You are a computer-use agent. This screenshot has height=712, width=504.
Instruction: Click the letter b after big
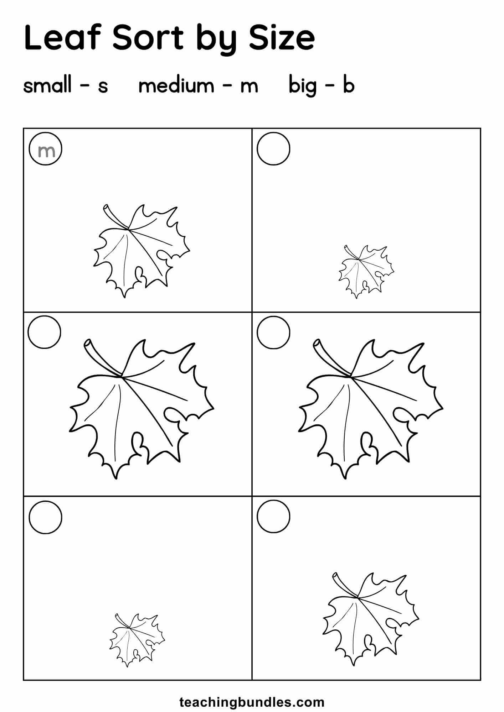[349, 85]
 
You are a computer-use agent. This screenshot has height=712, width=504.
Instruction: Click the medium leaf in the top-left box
[142, 251]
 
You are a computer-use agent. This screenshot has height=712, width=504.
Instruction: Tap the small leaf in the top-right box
[366, 272]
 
